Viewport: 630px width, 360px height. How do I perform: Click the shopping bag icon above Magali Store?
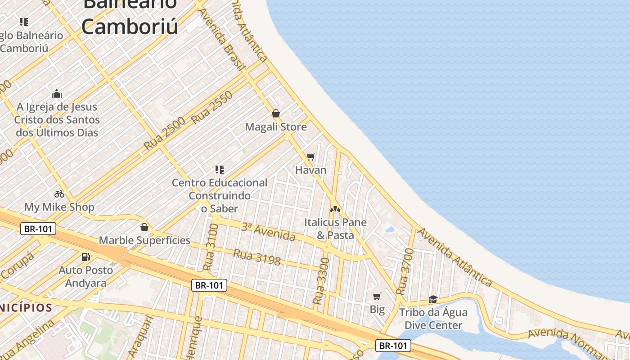(275, 113)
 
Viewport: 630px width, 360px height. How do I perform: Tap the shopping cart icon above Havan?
(310, 157)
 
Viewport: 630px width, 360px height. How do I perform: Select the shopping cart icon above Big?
(377, 296)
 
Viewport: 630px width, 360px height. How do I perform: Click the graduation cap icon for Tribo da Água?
(433, 299)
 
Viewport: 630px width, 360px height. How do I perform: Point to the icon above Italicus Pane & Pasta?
(335, 209)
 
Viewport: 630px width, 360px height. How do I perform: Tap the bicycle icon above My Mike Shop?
(59, 194)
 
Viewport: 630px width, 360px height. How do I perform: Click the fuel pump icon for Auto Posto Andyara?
(85, 257)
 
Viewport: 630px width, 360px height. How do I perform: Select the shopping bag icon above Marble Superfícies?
(144, 227)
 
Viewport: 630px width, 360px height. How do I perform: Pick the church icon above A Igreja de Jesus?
(57, 94)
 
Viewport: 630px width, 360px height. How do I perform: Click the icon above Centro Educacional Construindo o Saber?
(220, 170)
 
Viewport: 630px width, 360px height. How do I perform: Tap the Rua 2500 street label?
(165, 134)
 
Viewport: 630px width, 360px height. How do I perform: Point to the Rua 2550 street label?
(212, 108)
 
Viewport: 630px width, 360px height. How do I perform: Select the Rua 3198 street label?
(256, 257)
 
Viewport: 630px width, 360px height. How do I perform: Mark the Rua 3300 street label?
(322, 280)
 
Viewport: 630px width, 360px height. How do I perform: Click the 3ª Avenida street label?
(268, 232)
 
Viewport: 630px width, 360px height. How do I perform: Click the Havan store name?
(310, 170)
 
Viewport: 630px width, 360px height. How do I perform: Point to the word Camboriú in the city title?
(130, 27)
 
